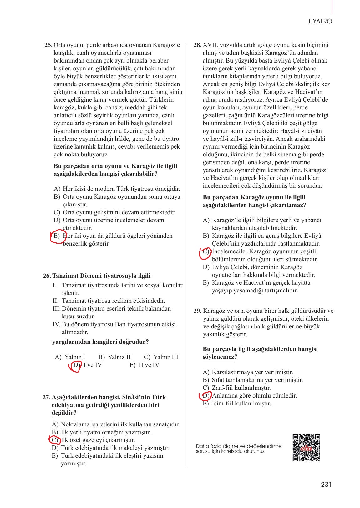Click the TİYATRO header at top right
pyautogui.click(x=320, y=22)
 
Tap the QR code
pyautogui.click(x=307, y=448)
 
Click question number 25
pyautogui.click(x=48, y=45)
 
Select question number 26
pyautogui.click(x=47, y=276)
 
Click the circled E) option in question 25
pyautogui.click(x=57, y=236)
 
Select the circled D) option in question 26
pyautogui.click(x=76, y=365)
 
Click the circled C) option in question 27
pyautogui.click(x=55, y=440)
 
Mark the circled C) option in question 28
pyautogui.click(x=206, y=251)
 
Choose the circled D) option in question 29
pyautogui.click(x=206, y=396)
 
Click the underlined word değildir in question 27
pyautogui.click(x=62, y=413)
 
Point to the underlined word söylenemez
pyautogui.click(x=218, y=357)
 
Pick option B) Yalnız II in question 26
pyautogui.click(x=114, y=357)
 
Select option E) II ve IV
pyautogui.click(x=144, y=365)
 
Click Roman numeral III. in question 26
pyautogui.click(x=57, y=309)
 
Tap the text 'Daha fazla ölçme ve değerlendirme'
pyautogui.click(x=239, y=446)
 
